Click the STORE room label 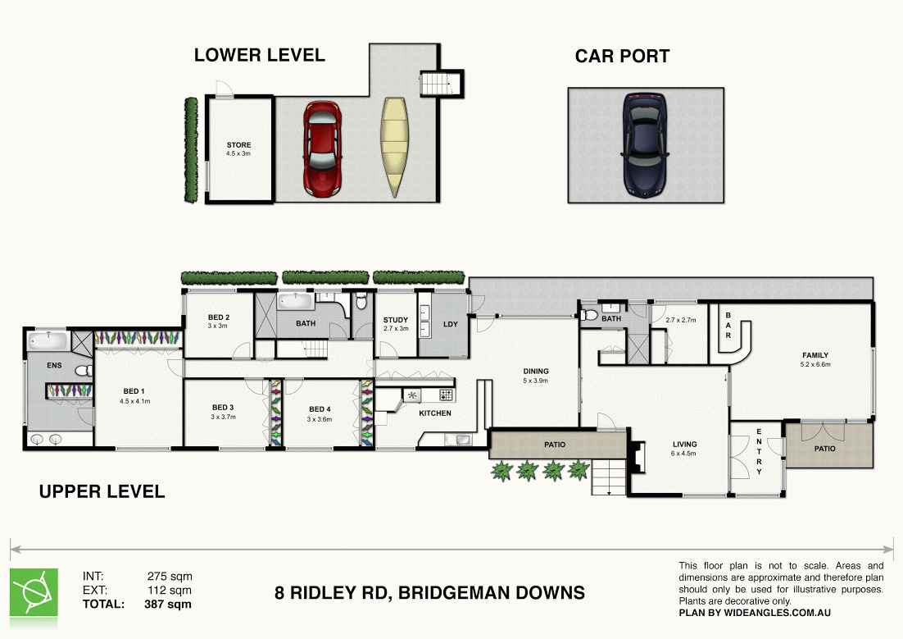point(239,145)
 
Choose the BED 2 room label point(218,317)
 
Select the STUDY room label point(396,320)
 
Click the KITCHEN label point(435,413)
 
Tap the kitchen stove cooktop point(446,395)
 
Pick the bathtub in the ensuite point(46,340)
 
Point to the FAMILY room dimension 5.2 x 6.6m point(815,365)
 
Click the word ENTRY point(759,451)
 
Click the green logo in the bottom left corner point(34,591)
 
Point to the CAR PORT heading point(622,57)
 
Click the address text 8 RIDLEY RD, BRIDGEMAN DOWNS point(429,592)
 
